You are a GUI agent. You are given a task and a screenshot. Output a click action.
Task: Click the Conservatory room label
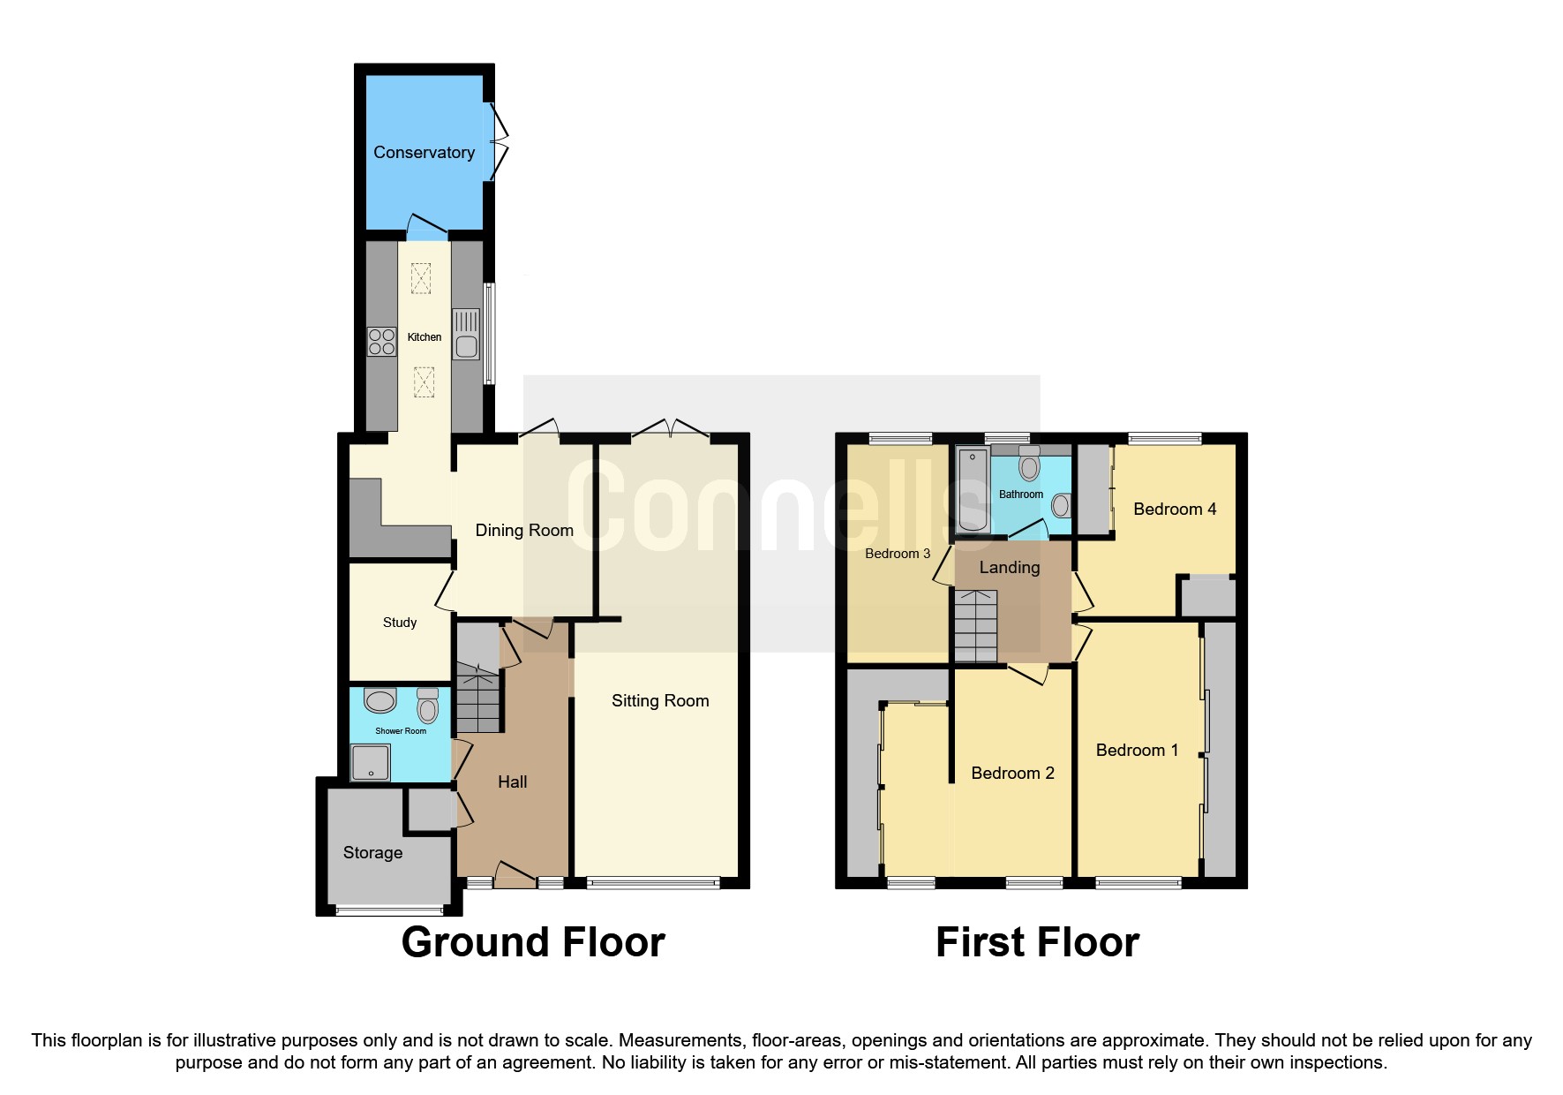tap(424, 152)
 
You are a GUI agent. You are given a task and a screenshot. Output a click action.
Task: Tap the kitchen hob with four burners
tap(381, 342)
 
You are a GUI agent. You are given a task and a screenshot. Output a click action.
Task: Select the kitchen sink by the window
tap(466, 335)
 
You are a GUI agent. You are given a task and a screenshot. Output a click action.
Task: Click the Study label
tap(400, 623)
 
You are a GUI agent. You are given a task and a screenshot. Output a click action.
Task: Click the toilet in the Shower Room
tap(428, 706)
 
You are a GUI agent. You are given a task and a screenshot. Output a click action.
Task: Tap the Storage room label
tap(372, 852)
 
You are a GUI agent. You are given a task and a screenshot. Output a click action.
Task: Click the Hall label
tap(512, 782)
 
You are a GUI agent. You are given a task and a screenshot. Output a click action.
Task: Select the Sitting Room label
tap(660, 700)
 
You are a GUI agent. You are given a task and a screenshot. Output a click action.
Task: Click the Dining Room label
tap(524, 530)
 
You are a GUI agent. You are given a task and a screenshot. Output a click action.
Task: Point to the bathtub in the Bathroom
tap(973, 489)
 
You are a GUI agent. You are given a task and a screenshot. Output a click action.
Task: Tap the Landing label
tap(1010, 568)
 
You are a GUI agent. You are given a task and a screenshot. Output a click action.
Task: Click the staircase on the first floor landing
tap(976, 626)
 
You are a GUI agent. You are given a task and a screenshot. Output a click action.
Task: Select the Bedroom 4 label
tap(1175, 509)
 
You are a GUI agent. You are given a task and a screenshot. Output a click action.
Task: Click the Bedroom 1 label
tap(1137, 750)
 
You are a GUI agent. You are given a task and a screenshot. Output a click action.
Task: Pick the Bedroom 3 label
tap(898, 554)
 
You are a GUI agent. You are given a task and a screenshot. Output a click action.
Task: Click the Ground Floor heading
tap(533, 942)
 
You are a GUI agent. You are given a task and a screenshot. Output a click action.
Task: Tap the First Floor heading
tap(1037, 942)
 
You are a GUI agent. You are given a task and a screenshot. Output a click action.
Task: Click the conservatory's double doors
tap(500, 141)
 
